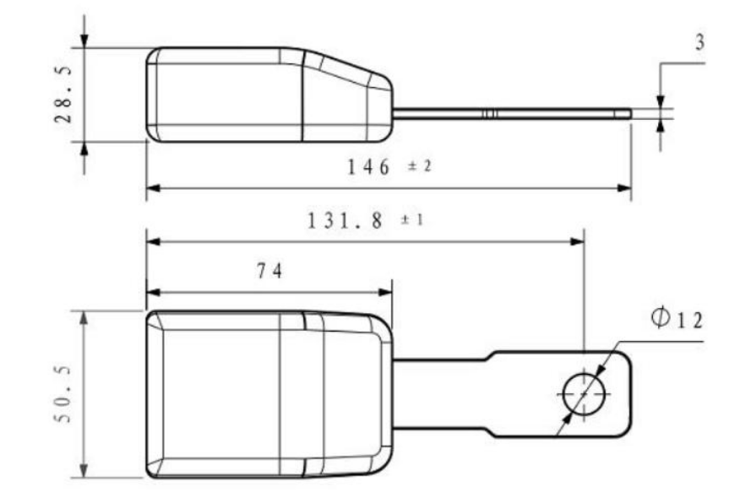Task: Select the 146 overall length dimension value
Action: pos(369,167)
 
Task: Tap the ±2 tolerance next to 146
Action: pos(420,166)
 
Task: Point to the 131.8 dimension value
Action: pos(344,221)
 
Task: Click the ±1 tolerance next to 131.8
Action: pos(411,220)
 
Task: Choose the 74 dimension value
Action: pos(269,271)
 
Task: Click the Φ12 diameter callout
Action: pos(676,319)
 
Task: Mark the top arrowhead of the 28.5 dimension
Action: pos(84,41)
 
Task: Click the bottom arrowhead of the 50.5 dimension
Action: pos(84,471)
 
